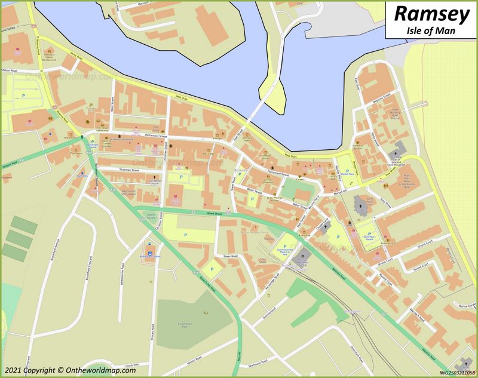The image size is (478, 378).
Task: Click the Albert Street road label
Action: click(x=214, y=213)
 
